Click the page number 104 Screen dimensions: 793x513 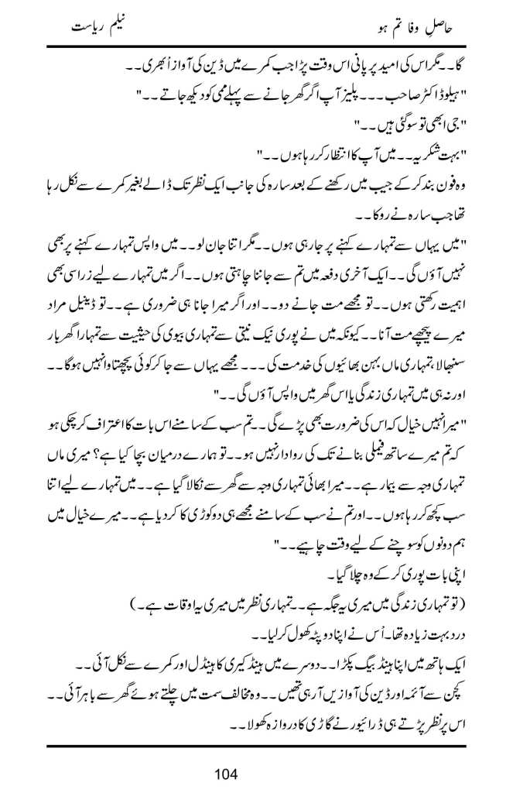click(257, 772)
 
